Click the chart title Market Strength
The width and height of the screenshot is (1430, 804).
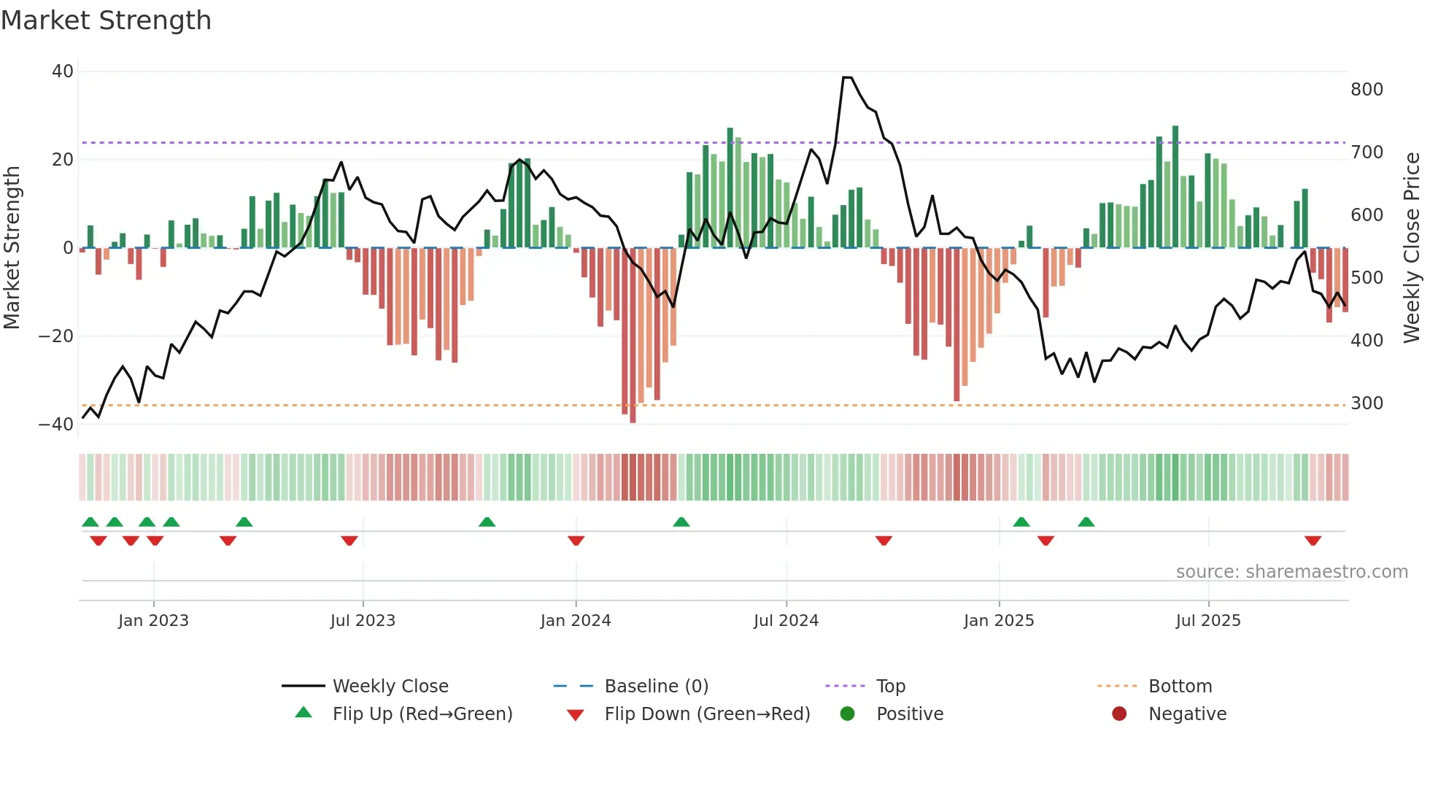coord(106,20)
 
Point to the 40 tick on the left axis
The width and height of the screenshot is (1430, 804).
coord(63,71)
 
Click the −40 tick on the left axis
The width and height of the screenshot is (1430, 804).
coord(56,425)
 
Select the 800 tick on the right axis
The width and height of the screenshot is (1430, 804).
coord(1367,90)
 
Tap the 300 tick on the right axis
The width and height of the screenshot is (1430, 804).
coord(1367,403)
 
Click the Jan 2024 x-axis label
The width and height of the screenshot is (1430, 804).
coord(576,621)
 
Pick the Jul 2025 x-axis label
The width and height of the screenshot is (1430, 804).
coord(1207,621)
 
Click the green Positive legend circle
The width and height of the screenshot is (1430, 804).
coord(847,714)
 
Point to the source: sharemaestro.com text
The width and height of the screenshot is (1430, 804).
coord(1291,572)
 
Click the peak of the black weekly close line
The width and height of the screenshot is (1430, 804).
coord(847,77)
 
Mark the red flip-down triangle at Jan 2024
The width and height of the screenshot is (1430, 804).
coord(576,541)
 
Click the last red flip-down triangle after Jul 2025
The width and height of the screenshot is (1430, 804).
coord(1313,541)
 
